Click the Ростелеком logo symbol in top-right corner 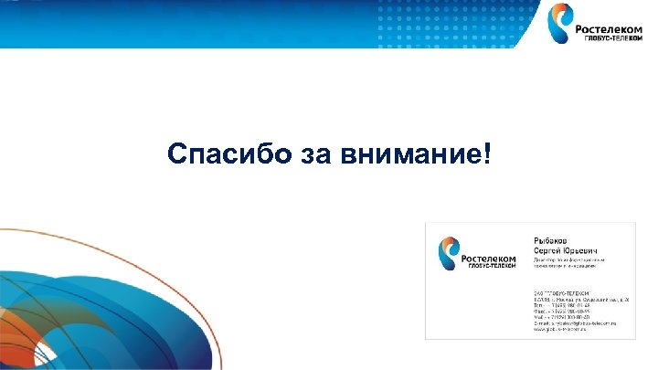click(x=559, y=24)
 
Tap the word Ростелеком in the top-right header click(x=610, y=28)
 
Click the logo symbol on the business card click(x=449, y=252)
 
